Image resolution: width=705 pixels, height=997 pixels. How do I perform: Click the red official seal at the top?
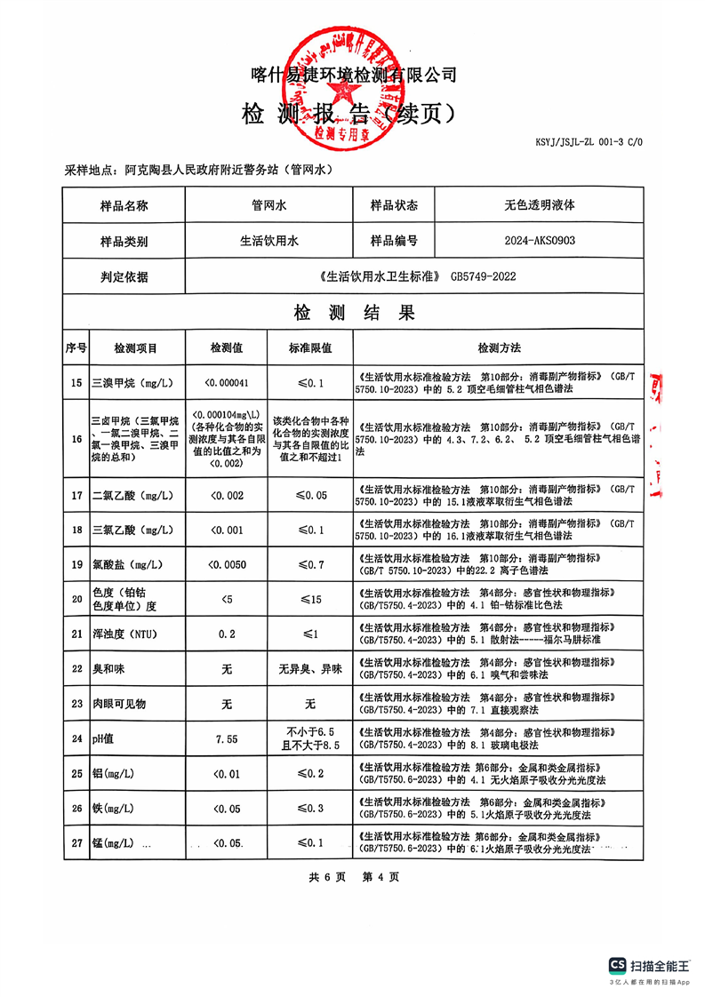click(353, 80)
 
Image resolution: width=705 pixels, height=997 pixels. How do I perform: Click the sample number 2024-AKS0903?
click(540, 240)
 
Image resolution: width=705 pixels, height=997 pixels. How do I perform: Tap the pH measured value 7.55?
click(226, 738)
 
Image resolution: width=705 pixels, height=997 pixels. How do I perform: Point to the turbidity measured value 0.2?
click(226, 634)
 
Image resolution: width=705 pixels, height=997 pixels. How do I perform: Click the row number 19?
click(76, 564)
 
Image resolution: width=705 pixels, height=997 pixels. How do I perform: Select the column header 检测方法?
click(499, 347)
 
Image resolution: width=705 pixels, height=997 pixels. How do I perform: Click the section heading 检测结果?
click(354, 313)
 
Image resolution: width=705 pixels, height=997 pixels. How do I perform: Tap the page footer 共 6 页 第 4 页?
click(353, 876)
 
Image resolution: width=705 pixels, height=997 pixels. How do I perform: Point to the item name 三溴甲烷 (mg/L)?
click(132, 384)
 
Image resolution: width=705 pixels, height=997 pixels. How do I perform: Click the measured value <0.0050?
click(226, 564)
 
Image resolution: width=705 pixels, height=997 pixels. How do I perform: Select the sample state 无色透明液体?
click(540, 204)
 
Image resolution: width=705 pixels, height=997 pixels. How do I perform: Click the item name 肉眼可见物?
click(119, 704)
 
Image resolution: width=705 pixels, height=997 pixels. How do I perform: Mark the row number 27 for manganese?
click(76, 841)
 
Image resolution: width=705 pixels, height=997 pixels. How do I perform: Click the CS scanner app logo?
click(618, 965)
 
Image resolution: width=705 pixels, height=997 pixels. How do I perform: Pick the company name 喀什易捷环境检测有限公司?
click(353, 75)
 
